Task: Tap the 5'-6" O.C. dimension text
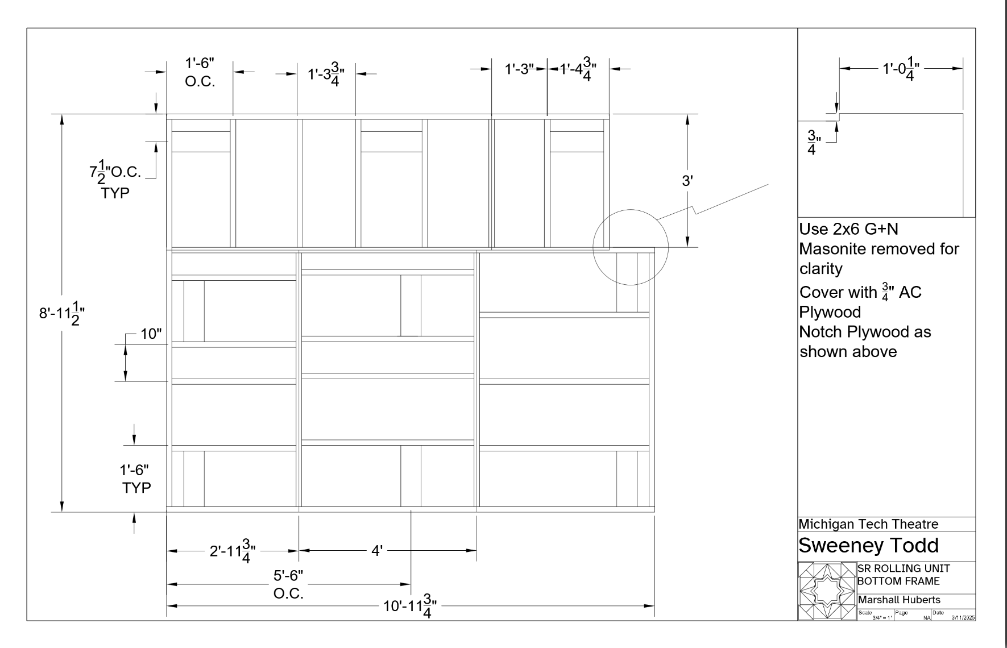[x=288, y=584]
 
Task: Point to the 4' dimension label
[x=377, y=550]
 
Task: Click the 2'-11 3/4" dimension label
[x=233, y=551]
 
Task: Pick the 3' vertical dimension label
[x=687, y=181]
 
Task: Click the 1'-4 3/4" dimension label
[x=578, y=70]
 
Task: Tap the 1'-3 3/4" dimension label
[x=326, y=74]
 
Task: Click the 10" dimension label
[x=151, y=334]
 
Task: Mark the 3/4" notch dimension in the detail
[x=812, y=143]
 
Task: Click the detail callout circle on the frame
[x=630, y=247]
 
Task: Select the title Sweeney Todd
[x=868, y=545]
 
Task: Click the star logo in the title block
[x=827, y=591]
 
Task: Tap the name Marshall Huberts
[x=899, y=600]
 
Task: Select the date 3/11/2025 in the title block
[x=963, y=617]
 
